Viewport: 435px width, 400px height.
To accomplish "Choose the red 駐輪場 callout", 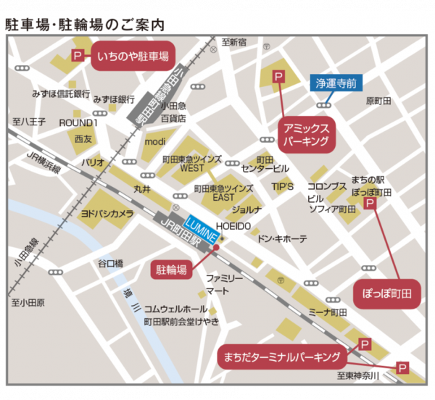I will click(172, 270).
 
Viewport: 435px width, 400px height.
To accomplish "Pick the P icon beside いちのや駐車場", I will click(78, 56).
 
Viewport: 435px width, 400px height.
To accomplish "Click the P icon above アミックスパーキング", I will click(278, 77).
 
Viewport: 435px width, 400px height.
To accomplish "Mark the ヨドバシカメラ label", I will click(107, 214).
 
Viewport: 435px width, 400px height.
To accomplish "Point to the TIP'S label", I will click(282, 186).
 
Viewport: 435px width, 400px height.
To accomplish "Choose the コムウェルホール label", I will click(175, 308).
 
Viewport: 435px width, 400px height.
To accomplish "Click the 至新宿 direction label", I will click(234, 42).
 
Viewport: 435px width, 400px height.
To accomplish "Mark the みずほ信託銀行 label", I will click(61, 95).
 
